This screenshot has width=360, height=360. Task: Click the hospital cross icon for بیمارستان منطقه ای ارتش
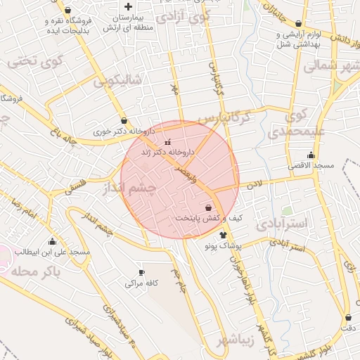tap(127, 6)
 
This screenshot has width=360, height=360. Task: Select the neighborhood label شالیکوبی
tap(117, 81)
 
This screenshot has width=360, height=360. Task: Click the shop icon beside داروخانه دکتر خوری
tap(124, 120)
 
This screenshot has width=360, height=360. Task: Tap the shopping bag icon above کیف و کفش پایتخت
tap(208, 207)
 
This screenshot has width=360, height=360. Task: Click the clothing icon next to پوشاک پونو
tap(224, 236)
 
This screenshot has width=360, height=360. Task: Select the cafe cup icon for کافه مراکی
tap(141, 272)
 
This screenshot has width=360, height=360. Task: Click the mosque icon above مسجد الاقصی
tap(311, 155)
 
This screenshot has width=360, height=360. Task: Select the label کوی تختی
tap(35, 62)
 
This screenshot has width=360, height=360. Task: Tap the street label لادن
tap(253, 184)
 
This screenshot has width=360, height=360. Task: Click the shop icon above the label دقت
tap(348, 317)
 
